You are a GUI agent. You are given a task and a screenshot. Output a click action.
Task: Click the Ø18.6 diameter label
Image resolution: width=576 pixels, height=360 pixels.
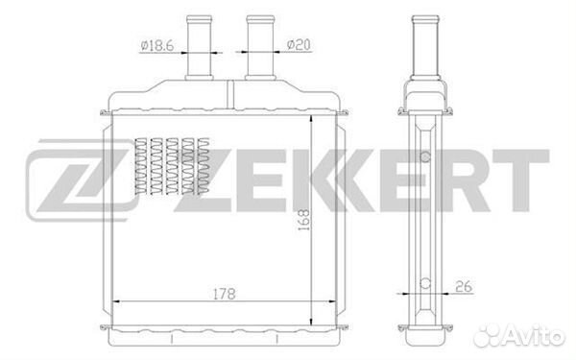[x=156, y=43]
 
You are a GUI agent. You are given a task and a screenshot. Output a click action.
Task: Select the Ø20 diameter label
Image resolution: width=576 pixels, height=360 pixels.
[x=299, y=43]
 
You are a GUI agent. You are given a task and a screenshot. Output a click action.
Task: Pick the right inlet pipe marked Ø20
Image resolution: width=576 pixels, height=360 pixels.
[x=259, y=48]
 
